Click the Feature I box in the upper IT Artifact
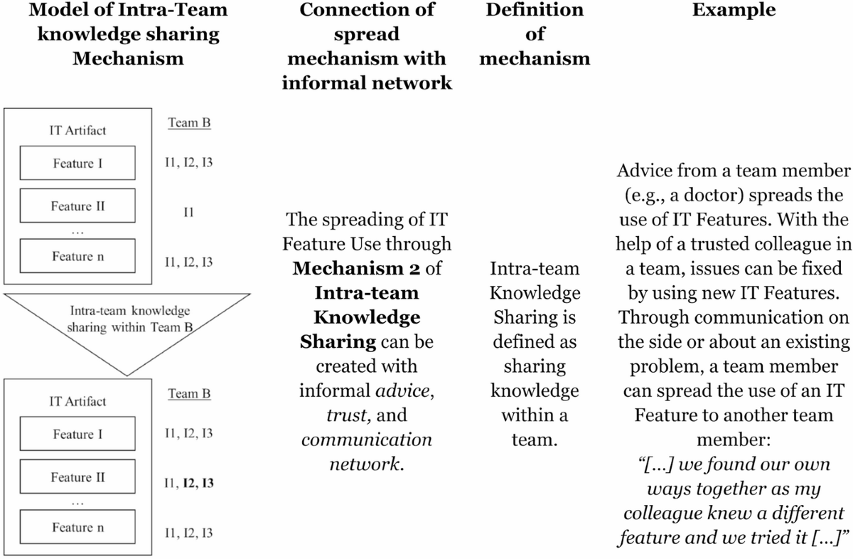pos(77,164)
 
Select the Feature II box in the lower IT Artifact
pos(77,477)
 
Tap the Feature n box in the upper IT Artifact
pos(77,257)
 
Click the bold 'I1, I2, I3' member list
pos(189,484)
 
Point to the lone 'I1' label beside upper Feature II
pos(189,212)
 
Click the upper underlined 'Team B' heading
pos(189,123)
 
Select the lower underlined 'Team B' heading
pos(189,393)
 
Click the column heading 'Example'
pos(734,10)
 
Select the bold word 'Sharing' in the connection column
pos(338,341)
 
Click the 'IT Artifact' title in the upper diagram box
pos(77,130)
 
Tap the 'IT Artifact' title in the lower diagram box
pos(77,401)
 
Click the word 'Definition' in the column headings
pos(534,10)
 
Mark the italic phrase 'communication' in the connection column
pos(367,439)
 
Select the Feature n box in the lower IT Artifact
pos(77,528)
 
